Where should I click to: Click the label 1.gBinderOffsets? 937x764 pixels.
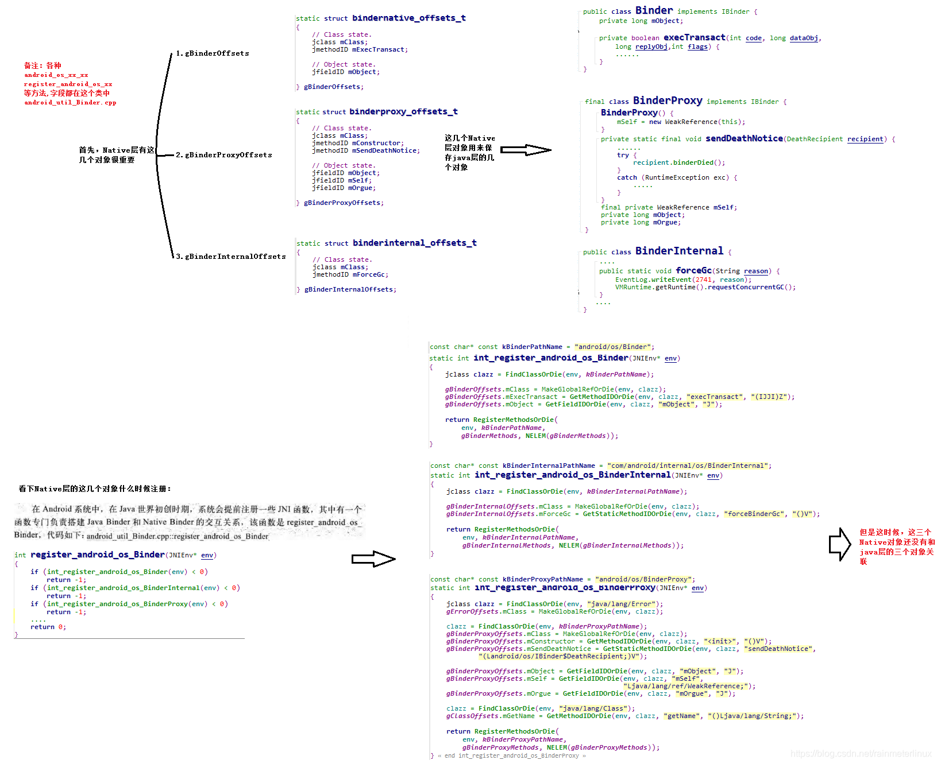[x=213, y=53]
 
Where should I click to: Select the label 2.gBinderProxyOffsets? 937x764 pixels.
[x=224, y=155]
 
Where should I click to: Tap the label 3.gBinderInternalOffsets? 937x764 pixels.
[x=231, y=257]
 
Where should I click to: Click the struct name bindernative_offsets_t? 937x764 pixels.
[x=408, y=18]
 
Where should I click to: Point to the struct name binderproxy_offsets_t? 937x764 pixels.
[x=403, y=111]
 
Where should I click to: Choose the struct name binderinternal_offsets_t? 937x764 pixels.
[x=414, y=243]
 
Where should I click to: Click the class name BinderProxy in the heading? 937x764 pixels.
[x=667, y=100]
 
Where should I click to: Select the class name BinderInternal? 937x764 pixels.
[x=679, y=251]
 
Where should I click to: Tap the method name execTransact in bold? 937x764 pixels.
[x=694, y=37]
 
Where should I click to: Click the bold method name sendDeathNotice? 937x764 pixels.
[x=744, y=138]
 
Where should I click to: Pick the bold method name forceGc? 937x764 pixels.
[x=693, y=270]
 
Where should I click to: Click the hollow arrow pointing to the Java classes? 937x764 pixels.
[x=526, y=150]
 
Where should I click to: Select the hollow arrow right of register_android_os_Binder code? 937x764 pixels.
[x=373, y=559]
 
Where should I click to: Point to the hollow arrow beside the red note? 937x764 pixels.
[x=840, y=544]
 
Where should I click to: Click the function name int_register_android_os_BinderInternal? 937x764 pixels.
[x=572, y=475]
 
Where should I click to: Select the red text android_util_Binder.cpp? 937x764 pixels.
[x=70, y=103]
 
